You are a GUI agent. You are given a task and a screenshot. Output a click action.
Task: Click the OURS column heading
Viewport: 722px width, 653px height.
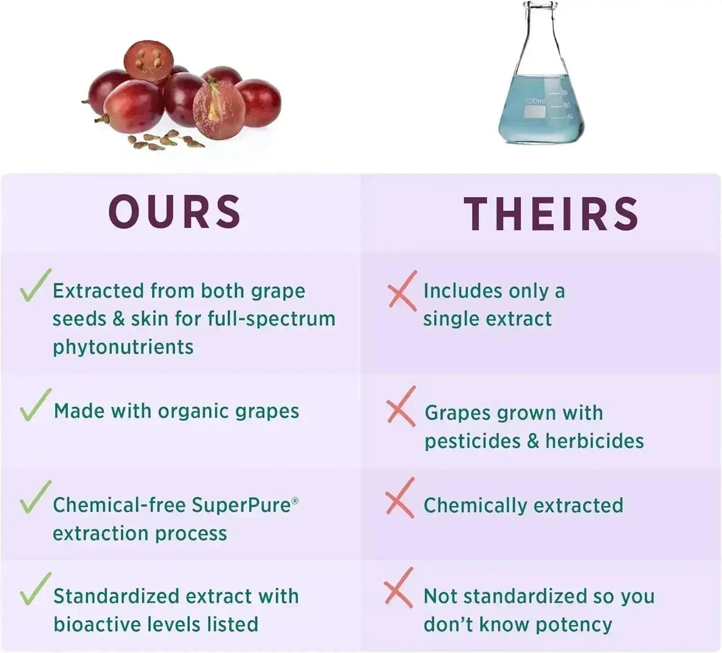click(x=175, y=212)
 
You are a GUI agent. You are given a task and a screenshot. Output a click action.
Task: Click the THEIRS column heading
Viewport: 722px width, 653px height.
click(x=551, y=213)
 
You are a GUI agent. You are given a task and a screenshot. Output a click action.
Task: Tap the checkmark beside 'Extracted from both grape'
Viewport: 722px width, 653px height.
click(x=33, y=286)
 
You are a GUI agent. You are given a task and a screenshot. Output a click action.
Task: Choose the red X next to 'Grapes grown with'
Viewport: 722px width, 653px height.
click(x=401, y=406)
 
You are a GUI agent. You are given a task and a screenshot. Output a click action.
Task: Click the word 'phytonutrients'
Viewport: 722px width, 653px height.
click(x=123, y=347)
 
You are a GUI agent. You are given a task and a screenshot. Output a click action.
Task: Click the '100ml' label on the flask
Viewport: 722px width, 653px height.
click(x=535, y=102)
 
